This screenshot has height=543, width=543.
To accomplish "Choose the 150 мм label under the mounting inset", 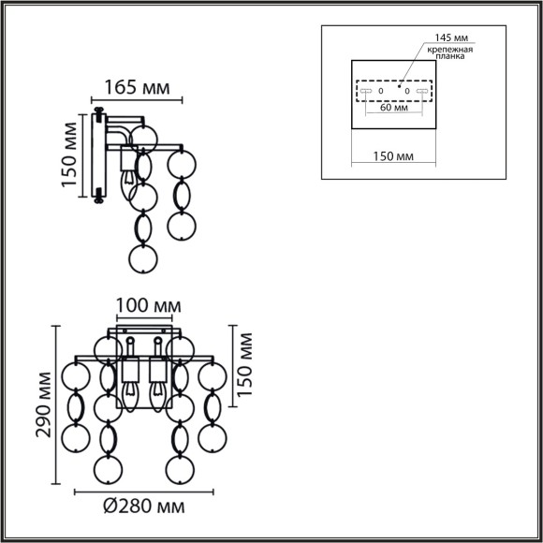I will (x=393, y=155).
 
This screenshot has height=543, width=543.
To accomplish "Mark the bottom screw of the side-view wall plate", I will (x=97, y=197).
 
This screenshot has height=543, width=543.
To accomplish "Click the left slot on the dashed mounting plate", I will (x=365, y=91).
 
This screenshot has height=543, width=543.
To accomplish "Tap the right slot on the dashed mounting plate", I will (x=422, y=91).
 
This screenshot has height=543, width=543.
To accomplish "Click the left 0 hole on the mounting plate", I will (x=380, y=91).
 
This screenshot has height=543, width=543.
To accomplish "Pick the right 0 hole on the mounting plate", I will (x=407, y=91).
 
